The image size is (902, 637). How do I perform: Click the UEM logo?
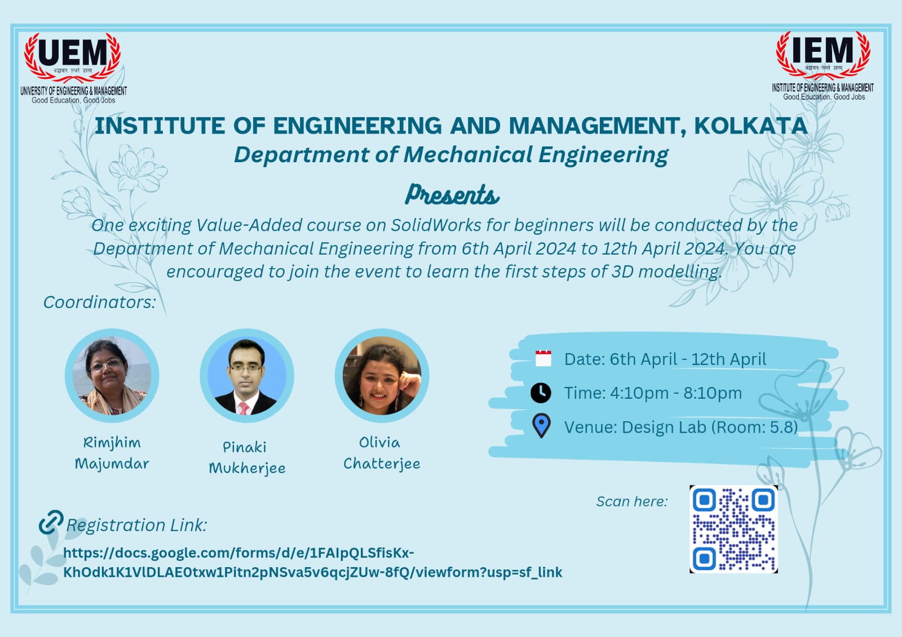pyautogui.click(x=73, y=68)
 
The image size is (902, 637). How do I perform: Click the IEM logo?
pyautogui.click(x=823, y=65)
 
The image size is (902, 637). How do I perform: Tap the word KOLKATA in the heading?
pyautogui.click(x=751, y=126)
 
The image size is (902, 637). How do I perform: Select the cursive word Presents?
pyautogui.click(x=452, y=195)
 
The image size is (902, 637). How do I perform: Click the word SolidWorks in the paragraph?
pyautogui.click(x=436, y=225)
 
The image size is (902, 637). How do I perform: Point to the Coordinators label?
pyautogui.click(x=99, y=302)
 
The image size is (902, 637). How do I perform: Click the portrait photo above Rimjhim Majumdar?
pyautogui.click(x=112, y=376)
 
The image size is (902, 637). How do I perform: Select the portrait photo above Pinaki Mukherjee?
pyautogui.click(x=247, y=376)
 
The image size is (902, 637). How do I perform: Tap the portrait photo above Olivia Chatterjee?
pyautogui.click(x=382, y=376)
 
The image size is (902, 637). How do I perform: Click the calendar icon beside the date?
pyautogui.click(x=543, y=358)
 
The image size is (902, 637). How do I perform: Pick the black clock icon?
pyautogui.click(x=541, y=393)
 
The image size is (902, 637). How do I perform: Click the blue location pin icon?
pyautogui.click(x=541, y=426)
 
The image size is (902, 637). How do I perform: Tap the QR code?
pyautogui.click(x=733, y=529)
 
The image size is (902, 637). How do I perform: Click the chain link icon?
pyautogui.click(x=51, y=522)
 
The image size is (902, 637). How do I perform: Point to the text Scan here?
pyautogui.click(x=632, y=501)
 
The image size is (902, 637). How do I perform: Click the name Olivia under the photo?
pyautogui.click(x=379, y=443)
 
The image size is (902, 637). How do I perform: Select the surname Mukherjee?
pyautogui.click(x=247, y=469)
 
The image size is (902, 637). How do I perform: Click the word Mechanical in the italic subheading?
pyautogui.click(x=468, y=154)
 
